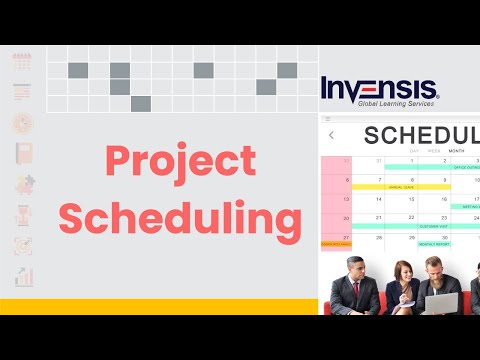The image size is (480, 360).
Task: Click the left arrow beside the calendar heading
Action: click(x=331, y=135)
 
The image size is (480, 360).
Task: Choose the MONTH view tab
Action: click(x=456, y=151)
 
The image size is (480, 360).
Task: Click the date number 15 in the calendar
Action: click(x=411, y=198)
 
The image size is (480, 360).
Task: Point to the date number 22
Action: click(x=411, y=217)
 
